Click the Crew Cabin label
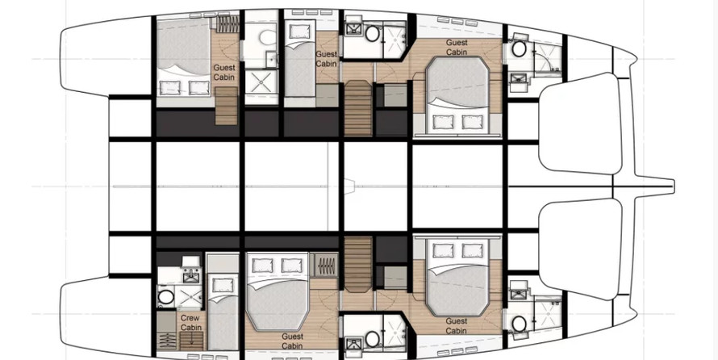190,322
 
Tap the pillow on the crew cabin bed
223,286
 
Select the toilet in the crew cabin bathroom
165,297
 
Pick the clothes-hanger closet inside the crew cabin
166,341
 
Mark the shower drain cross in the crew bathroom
189,298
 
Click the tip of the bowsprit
673,186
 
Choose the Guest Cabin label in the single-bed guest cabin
327,59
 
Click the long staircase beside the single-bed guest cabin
358,108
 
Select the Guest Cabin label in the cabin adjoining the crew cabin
292,341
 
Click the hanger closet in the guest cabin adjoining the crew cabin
326,266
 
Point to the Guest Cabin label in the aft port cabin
224,73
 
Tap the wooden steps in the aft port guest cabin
226,106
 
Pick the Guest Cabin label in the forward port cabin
457,47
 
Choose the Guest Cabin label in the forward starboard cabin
457,326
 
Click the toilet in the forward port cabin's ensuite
519,48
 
